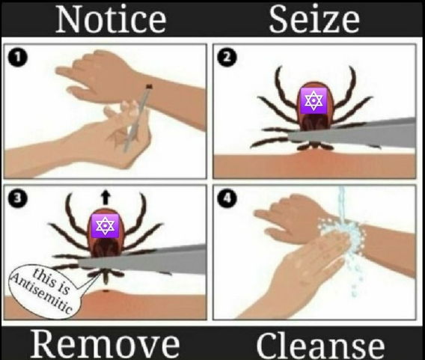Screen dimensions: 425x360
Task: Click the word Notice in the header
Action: [111, 19]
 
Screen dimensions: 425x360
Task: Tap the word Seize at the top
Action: [314, 19]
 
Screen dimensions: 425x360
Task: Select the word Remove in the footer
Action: [105, 344]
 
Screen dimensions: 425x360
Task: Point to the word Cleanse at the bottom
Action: [320, 345]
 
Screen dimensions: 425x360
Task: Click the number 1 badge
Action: [18, 58]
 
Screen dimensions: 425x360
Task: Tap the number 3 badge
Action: [18, 198]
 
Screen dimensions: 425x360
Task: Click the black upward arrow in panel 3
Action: [106, 197]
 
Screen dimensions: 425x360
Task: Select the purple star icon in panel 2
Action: [314, 100]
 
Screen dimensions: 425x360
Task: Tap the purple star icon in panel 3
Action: [105, 226]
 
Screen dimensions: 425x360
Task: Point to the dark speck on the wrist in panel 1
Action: [149, 86]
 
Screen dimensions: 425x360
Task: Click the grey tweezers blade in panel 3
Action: [142, 260]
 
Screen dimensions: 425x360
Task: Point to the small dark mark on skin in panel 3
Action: [106, 291]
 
